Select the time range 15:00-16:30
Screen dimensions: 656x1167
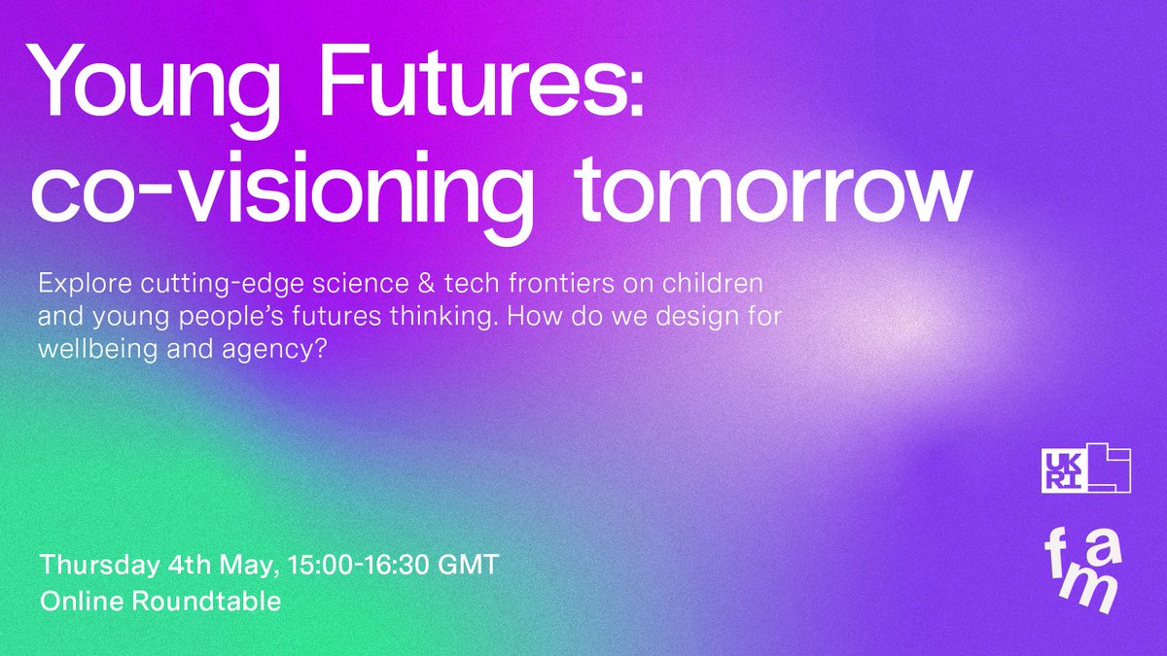[x=356, y=565]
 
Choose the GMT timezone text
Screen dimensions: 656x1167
[x=468, y=565]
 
